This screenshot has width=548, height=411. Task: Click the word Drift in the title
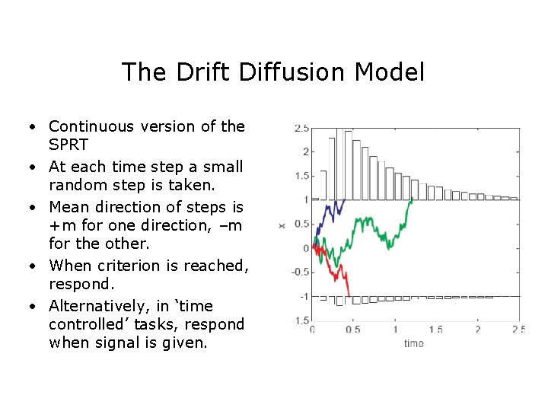pos(198,72)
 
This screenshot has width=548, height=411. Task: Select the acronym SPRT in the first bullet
pos(68,145)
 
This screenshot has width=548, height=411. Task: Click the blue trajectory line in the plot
pos(330,210)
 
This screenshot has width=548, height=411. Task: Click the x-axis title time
pos(414,343)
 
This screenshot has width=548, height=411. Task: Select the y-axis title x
pos(282,225)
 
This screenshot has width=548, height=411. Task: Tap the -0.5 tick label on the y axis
pos(300,272)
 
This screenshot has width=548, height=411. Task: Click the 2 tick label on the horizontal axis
pos(477,330)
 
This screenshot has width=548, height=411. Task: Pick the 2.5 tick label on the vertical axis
pos(301,129)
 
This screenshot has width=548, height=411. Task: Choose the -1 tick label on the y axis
pos(304,297)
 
